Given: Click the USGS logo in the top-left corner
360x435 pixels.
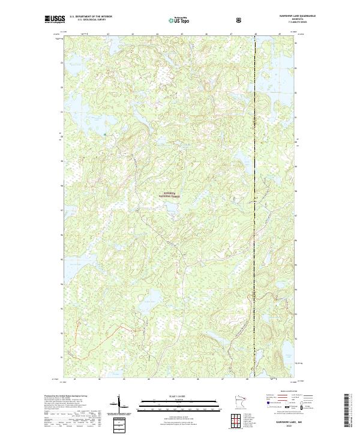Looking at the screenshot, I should coord(55,19).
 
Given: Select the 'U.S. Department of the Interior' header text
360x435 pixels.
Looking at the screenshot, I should coord(91,17).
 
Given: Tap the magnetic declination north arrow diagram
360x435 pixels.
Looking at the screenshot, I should coord(119,404).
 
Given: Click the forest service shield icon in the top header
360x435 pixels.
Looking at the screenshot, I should coord(240,19).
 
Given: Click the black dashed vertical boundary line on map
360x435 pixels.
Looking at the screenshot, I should coord(255,210).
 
